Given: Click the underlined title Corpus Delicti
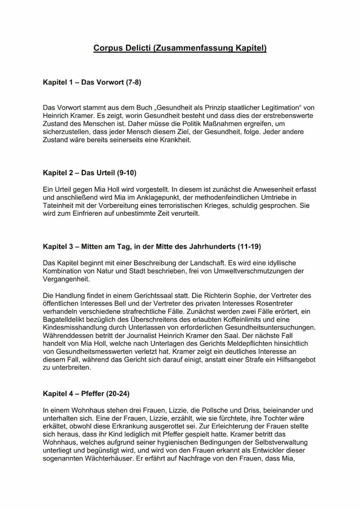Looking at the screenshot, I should pyautogui.click(x=180, y=48).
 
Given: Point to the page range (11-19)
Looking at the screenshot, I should pyautogui.click(x=249, y=246).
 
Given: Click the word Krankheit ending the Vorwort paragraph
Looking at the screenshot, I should pyautogui.click(x=175, y=140).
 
